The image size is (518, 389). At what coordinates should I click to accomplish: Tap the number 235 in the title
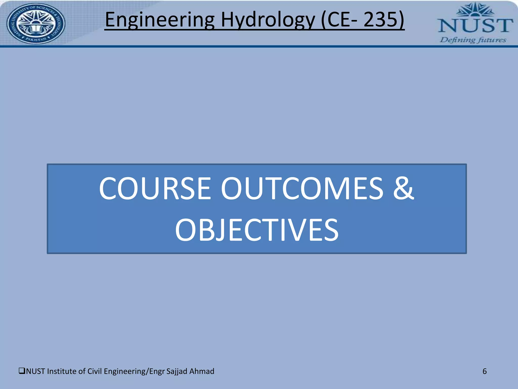pyautogui.click(x=381, y=20)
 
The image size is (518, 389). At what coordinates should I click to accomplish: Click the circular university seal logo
pyautogui.click(x=36, y=23)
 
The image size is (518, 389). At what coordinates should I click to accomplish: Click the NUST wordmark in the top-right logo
pyautogui.click(x=476, y=25)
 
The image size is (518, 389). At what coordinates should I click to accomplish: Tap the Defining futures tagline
pyautogui.click(x=473, y=40)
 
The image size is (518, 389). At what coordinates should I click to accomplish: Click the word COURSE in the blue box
pyautogui.click(x=155, y=188)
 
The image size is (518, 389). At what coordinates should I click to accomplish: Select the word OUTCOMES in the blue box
pyautogui.click(x=302, y=188)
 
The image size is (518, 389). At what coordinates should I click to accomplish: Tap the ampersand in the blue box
pyautogui.click(x=403, y=188)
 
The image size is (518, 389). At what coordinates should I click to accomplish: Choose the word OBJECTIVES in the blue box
pyautogui.click(x=257, y=230)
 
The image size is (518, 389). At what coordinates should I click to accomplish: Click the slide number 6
pyautogui.click(x=485, y=371)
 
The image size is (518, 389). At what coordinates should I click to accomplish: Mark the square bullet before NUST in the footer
pyautogui.click(x=22, y=371)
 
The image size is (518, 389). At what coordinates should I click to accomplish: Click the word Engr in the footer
pyautogui.click(x=157, y=371)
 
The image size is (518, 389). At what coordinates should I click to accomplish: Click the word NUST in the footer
pyautogui.click(x=36, y=371)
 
